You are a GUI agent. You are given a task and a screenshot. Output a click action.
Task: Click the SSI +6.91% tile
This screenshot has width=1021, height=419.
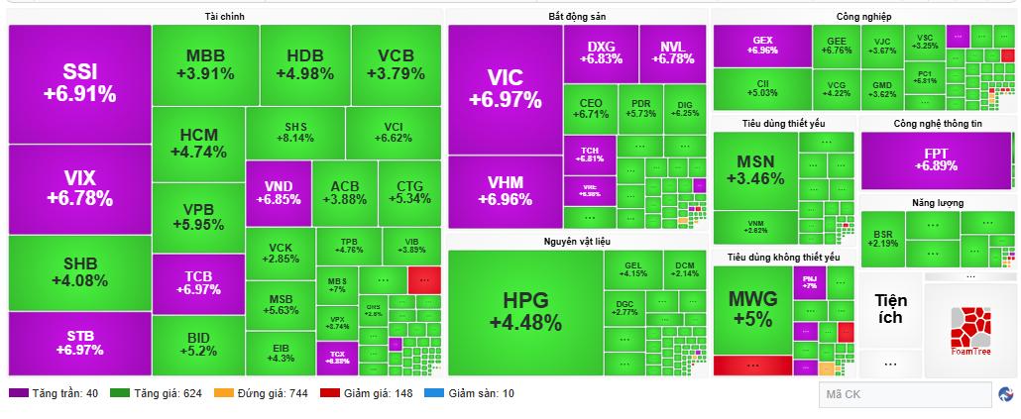coord(79,84)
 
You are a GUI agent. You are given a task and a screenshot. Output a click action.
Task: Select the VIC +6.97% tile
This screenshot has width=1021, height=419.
coord(505,89)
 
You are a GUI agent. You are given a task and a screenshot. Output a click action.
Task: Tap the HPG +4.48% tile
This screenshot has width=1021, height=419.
coord(525,311)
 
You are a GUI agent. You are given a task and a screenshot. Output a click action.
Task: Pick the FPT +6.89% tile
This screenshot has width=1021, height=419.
coord(936,159)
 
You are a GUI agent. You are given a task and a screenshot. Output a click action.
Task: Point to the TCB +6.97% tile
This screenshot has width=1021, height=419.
coord(198,283)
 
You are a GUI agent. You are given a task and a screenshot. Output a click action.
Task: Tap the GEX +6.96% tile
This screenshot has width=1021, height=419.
coord(762,46)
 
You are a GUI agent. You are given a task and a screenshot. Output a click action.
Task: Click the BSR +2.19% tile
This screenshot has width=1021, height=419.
coord(883,239)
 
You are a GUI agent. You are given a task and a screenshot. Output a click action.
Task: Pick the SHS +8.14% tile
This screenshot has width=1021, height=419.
coord(294,133)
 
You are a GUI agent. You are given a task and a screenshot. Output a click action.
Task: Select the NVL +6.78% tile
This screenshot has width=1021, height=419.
coord(672,52)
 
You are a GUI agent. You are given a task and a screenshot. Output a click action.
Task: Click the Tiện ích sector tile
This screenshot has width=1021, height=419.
coord(889,309)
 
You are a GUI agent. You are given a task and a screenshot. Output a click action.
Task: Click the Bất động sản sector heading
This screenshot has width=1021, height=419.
coord(576,17)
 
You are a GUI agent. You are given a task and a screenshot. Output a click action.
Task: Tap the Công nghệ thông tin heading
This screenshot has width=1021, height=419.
coord(937,124)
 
